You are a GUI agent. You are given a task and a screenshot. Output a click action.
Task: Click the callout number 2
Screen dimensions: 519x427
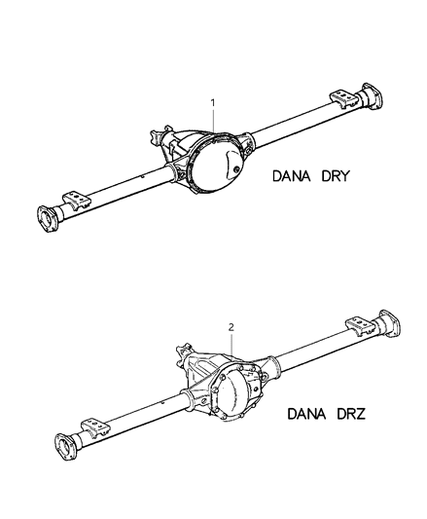click(231, 329)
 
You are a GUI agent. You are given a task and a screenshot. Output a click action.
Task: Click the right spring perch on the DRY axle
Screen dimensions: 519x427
click(342, 100)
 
